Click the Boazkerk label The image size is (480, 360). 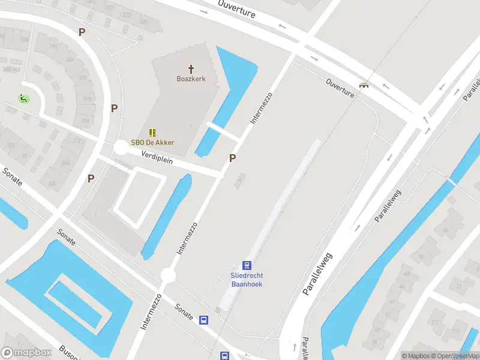click(191, 79)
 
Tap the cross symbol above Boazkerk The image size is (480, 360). click(191, 69)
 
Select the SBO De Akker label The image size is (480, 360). click(153, 142)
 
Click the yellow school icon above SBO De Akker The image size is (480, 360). click(153, 132)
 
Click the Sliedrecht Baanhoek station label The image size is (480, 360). click(247, 280)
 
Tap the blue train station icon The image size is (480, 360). click(247, 265)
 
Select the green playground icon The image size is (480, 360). click(23, 99)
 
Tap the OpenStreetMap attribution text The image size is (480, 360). click(455, 356)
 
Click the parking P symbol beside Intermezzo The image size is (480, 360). click(232, 158)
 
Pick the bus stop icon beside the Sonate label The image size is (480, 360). click(204, 320)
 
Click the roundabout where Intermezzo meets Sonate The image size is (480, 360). click(168, 275)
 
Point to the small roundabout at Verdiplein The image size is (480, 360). click(121, 147)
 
